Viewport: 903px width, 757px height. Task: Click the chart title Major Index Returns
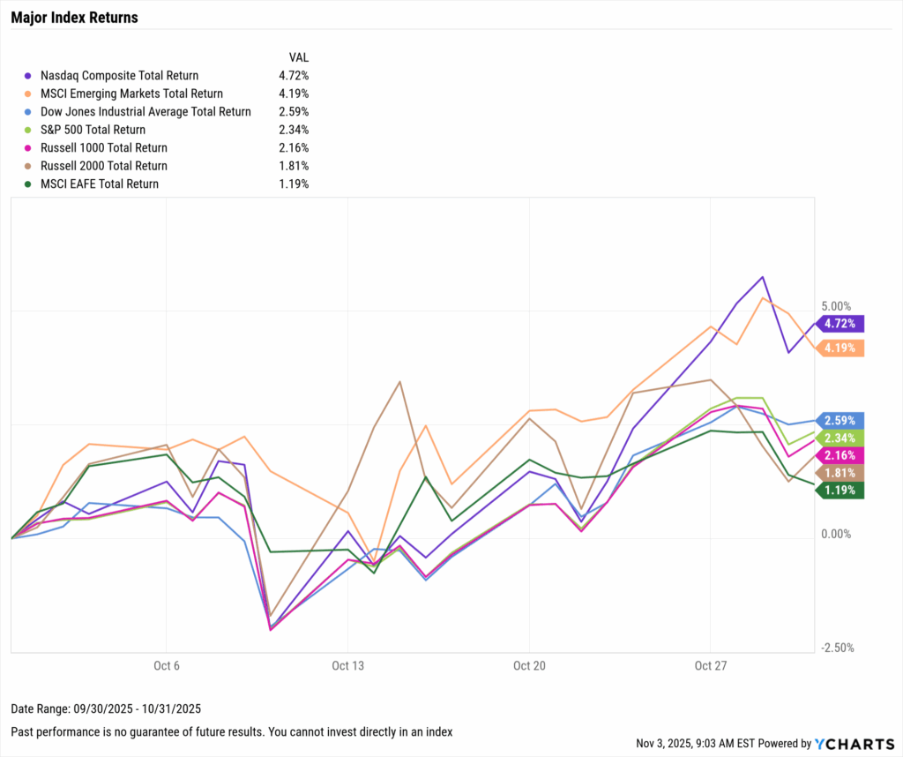74,18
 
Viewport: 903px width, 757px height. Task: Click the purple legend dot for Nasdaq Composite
31,76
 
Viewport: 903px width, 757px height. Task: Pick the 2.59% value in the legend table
293,112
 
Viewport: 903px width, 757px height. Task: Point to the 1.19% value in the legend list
293,184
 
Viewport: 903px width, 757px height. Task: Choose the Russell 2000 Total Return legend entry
110,166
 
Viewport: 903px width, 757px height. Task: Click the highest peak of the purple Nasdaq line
762,276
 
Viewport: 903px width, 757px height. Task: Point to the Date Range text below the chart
105,709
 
